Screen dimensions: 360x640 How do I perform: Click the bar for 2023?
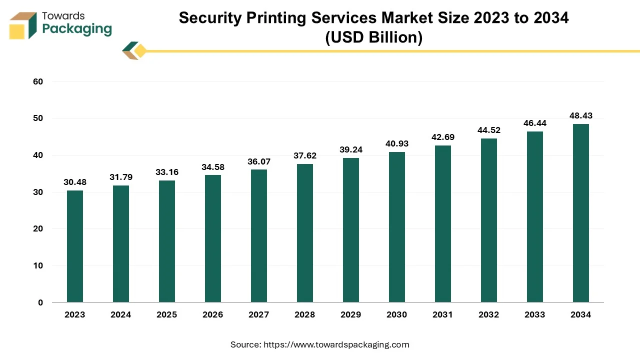[75, 246]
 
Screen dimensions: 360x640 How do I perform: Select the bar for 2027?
[259, 236]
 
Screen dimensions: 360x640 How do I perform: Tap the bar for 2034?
[581, 213]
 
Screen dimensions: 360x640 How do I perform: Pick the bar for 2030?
[397, 227]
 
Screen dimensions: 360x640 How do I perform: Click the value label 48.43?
[581, 116]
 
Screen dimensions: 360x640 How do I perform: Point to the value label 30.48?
[75, 182]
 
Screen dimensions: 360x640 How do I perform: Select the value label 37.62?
[305, 156]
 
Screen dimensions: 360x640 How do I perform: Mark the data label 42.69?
[443, 137]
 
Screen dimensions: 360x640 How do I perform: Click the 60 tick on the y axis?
[38, 81]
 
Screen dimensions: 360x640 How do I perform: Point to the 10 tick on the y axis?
[38, 266]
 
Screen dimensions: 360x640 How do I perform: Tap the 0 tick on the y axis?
[40, 303]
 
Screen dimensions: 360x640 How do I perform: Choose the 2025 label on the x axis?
[167, 315]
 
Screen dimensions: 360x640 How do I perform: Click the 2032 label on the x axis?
[489, 315]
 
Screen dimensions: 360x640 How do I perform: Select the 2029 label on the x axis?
[351, 315]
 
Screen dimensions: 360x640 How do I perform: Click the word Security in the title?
[209, 18]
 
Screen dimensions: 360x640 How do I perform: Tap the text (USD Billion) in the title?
[373, 37]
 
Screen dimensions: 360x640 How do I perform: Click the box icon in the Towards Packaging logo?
[23, 25]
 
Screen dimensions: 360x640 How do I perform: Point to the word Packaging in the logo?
[77, 29]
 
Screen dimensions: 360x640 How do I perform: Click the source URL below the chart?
[336, 344]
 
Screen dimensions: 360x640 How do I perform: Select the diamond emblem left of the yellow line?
[134, 50]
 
